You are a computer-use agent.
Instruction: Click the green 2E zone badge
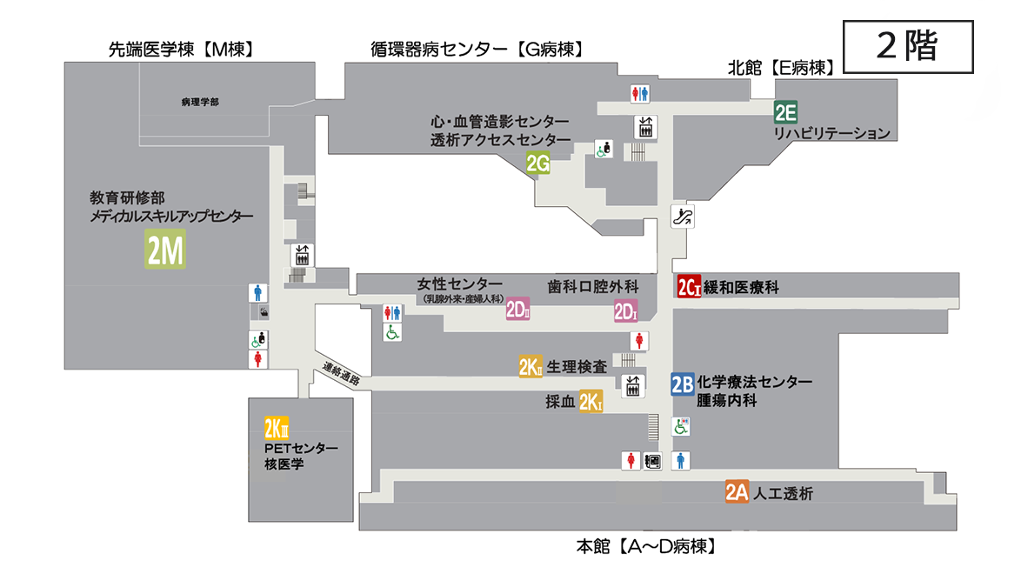[x=786, y=111]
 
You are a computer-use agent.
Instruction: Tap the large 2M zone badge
[x=164, y=250]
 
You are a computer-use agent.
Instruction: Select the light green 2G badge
[x=538, y=163]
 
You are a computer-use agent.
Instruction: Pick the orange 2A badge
[x=737, y=492]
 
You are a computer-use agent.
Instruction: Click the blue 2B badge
[x=682, y=384]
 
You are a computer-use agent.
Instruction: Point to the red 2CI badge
[x=689, y=287]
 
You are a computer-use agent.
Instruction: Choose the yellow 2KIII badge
[x=277, y=429]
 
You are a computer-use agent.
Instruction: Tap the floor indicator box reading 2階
[x=908, y=47]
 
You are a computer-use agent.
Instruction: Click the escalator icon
[x=683, y=217]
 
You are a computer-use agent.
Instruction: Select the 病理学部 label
[x=200, y=102]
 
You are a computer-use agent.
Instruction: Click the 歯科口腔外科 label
[x=593, y=286]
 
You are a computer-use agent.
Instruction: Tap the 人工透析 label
[x=784, y=493]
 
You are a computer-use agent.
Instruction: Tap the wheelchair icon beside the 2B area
[x=682, y=427]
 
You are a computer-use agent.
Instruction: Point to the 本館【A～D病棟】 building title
[x=645, y=547]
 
